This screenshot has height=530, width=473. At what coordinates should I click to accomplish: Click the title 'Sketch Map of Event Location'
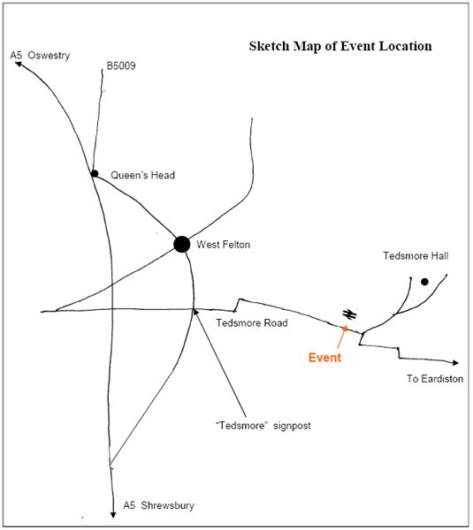(340, 46)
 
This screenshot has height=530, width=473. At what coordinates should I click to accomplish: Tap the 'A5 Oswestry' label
(40, 56)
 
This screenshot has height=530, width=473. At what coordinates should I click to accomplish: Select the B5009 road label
(121, 65)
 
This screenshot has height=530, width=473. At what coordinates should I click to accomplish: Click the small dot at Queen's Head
(95, 173)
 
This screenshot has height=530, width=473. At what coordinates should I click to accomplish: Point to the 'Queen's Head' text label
(142, 175)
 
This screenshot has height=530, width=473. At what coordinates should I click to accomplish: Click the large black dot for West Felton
(182, 244)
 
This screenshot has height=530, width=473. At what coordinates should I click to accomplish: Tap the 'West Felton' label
(224, 245)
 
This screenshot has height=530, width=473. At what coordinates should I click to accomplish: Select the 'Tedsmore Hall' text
(416, 256)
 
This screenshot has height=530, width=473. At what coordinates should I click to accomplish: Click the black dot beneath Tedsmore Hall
(424, 282)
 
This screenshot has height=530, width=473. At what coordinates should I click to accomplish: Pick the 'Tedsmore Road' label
(252, 322)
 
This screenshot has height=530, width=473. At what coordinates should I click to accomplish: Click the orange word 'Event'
(324, 358)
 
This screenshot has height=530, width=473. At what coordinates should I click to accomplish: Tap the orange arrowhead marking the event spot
(345, 328)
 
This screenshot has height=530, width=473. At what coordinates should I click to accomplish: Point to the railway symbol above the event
(349, 314)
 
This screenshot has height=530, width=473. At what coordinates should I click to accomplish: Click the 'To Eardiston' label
(435, 379)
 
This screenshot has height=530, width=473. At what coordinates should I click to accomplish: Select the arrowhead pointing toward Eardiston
(455, 363)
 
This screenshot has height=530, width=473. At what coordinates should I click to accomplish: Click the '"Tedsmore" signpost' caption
(263, 425)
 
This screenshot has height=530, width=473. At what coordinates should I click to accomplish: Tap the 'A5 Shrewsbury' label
(158, 505)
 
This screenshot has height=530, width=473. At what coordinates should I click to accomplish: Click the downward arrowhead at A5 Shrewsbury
(113, 515)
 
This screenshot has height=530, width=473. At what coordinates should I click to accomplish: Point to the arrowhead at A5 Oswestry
(19, 64)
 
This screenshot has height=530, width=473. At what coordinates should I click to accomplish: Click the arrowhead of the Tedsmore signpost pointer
(195, 312)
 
